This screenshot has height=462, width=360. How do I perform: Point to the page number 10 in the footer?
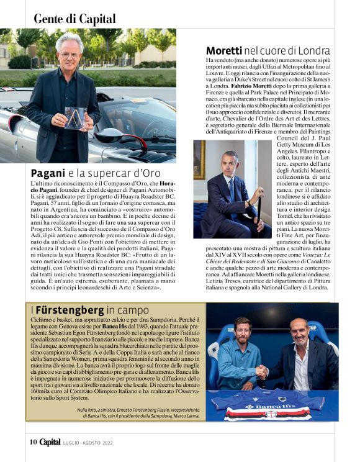click(34, 442)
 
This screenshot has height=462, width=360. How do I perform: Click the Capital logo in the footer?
click(50, 442)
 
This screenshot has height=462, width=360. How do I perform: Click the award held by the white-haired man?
click(75, 117)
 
